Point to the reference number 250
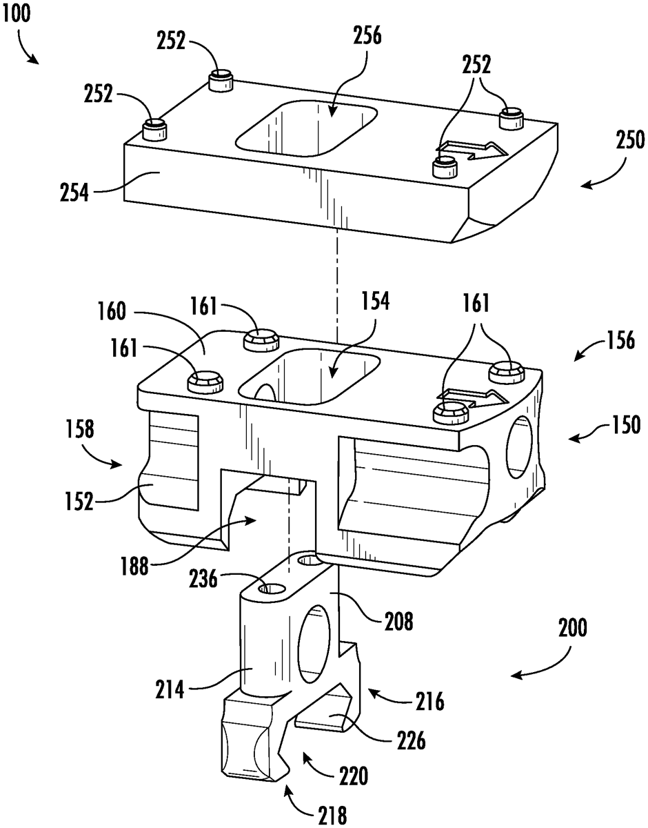[x=630, y=140]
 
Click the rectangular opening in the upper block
[x=306, y=129]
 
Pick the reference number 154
[x=375, y=302]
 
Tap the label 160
[x=111, y=311]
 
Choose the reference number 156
[x=620, y=339]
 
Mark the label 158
[x=79, y=428]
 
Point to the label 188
[x=134, y=566]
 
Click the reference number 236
[x=203, y=579]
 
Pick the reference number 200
[x=573, y=627]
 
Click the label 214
[x=170, y=689]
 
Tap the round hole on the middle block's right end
[x=518, y=447]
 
